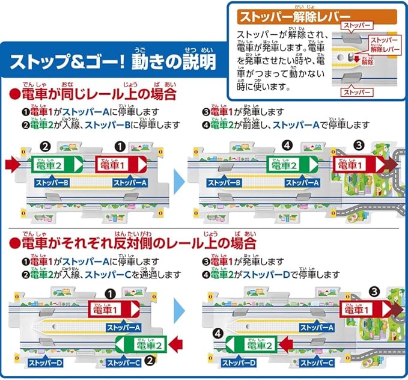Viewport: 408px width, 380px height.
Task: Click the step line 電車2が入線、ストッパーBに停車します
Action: tap(97, 126)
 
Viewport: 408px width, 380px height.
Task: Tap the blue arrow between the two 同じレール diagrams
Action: tap(178, 179)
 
